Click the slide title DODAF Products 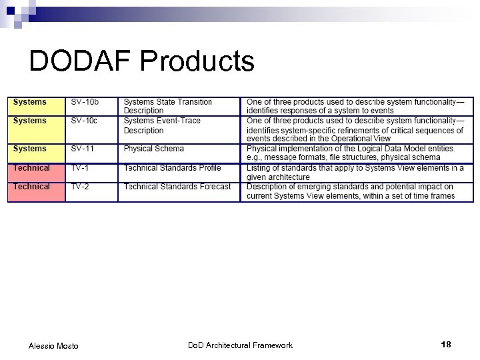point(142,61)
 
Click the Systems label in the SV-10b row point(30,102)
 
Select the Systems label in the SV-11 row point(30,149)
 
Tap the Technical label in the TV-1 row point(31,168)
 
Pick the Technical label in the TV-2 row point(31,187)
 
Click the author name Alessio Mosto point(53,345)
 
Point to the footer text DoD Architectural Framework point(240,345)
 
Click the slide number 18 point(446,344)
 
